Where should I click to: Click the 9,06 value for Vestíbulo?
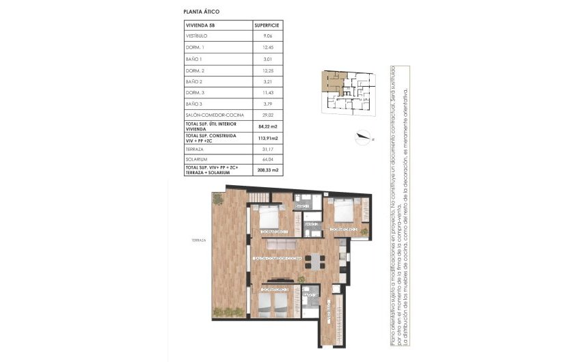click(267, 36)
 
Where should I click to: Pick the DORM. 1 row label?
click(195, 47)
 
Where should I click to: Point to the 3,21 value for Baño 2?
click(267, 81)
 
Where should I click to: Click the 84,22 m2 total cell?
click(267, 127)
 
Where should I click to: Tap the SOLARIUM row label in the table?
click(197, 158)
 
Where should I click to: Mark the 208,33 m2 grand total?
click(267, 170)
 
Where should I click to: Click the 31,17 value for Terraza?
click(267, 148)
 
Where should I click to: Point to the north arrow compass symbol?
click(362, 137)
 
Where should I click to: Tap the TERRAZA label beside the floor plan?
click(199, 240)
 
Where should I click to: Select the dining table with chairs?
click(315, 260)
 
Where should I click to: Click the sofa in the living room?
click(281, 244)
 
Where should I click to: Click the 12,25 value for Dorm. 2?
click(267, 70)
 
